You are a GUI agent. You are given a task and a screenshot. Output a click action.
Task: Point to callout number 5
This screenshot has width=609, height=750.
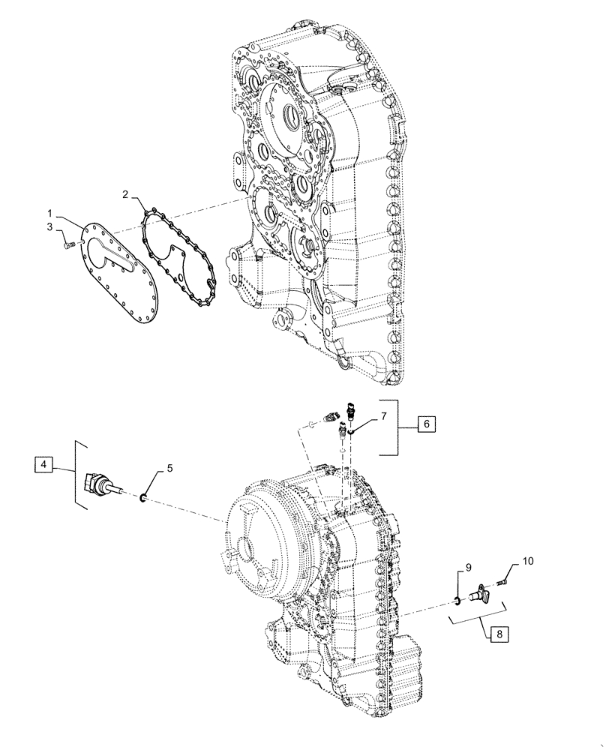pos(169,468)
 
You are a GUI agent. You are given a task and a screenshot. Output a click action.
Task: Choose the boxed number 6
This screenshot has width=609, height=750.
pos(426,424)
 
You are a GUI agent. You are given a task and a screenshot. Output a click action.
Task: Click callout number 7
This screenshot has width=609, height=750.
pos(382,415)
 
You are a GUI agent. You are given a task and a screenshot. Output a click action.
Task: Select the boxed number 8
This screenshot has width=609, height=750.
pos(499,634)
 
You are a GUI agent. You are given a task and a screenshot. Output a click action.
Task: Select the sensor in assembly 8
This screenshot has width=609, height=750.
pos(480,595)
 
